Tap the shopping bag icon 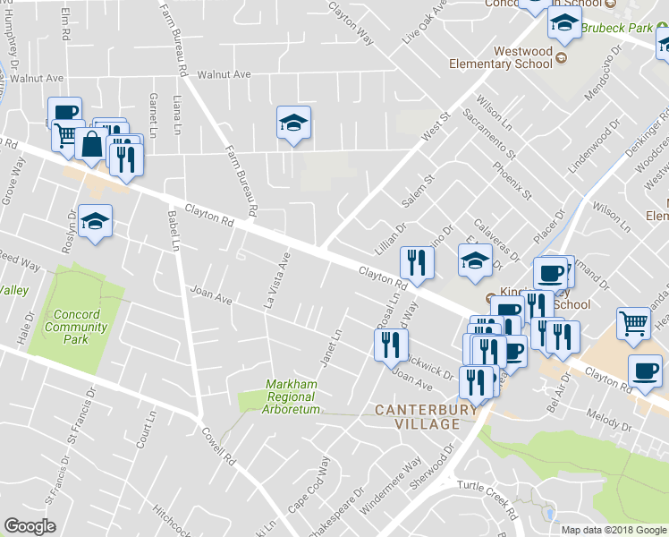click(x=92, y=143)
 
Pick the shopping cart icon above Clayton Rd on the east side click(x=634, y=323)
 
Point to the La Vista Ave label click(x=277, y=281)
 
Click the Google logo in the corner click(x=30, y=526)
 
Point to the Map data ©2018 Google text click(x=614, y=530)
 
